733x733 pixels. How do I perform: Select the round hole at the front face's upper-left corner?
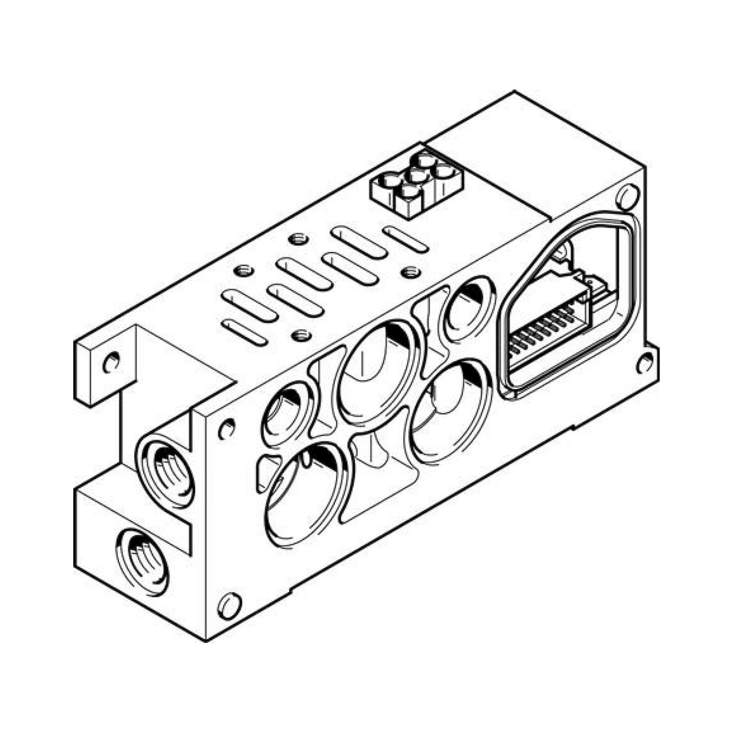point(227,429)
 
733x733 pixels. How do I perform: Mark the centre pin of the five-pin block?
point(417,176)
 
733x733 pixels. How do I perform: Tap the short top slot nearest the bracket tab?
point(245,333)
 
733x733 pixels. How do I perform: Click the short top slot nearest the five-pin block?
point(406,239)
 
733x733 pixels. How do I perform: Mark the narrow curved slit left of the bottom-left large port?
point(268,474)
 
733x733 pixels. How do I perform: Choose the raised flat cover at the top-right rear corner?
point(531,159)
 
